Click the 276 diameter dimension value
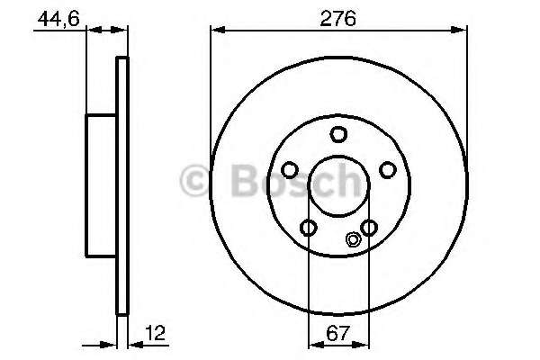337,18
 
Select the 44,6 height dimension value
58,19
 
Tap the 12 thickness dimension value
155,333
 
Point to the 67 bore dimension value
337,333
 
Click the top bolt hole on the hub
338,134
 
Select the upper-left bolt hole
289,170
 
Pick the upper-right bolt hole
388,170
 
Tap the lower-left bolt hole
308,228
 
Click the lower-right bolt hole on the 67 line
369,228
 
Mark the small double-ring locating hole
353,239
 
